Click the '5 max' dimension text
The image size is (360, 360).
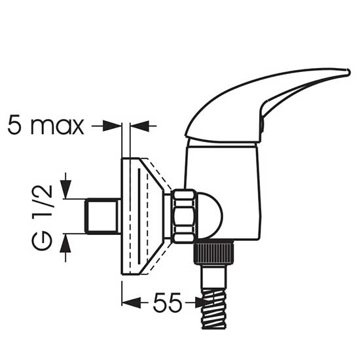46,126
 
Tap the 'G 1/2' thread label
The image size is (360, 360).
43,217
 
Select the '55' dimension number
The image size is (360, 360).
167,302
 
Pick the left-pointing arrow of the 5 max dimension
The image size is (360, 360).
139,126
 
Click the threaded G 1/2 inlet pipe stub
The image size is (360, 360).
102,216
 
